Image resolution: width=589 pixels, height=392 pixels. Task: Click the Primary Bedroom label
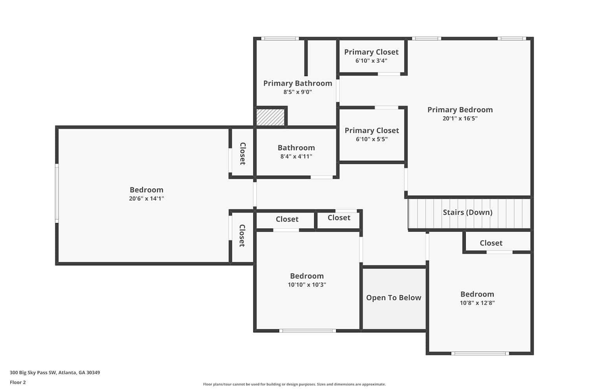(460, 110)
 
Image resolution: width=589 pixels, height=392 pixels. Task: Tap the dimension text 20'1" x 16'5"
(460, 118)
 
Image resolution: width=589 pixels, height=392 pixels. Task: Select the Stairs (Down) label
(468, 212)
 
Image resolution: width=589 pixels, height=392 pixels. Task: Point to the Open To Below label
(393, 298)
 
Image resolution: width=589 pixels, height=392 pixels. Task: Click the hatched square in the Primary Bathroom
(271, 117)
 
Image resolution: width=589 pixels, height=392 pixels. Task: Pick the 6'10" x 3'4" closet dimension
(371, 61)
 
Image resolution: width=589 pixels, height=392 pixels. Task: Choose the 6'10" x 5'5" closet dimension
(372, 139)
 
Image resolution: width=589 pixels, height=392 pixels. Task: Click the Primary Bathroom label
(298, 83)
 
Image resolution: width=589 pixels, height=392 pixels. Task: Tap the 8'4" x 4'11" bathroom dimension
(296, 156)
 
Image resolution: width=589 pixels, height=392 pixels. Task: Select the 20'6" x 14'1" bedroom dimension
(146, 198)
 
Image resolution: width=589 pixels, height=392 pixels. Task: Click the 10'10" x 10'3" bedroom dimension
(307, 285)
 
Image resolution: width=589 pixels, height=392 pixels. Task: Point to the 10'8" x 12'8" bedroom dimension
(477, 303)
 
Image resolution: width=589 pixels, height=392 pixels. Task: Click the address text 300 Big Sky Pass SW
(33, 372)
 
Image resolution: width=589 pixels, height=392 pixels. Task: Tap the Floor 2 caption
(18, 382)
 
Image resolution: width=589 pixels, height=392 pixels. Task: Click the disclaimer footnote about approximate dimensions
(294, 384)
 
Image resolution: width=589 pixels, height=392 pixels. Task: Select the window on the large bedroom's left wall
(57, 194)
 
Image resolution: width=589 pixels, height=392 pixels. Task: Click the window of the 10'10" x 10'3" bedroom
(307, 331)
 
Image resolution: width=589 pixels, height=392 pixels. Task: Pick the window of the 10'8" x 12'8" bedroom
(480, 354)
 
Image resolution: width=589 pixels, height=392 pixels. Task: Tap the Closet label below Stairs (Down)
(491, 243)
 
